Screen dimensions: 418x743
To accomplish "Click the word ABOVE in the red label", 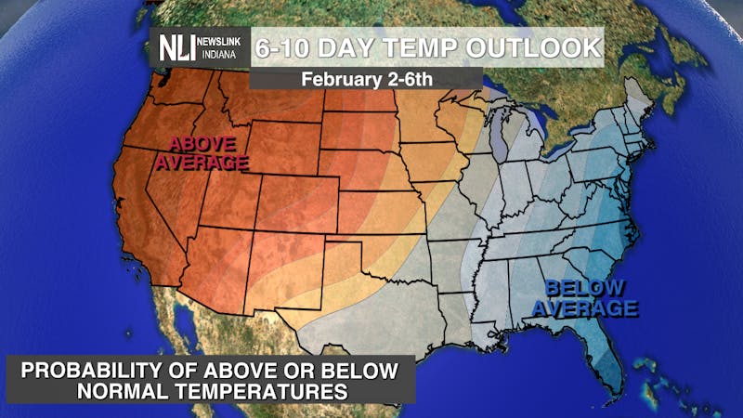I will click(202, 145).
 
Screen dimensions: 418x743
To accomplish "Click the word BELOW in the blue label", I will click(584, 289).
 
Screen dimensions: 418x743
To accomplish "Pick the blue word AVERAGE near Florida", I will click(592, 307).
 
